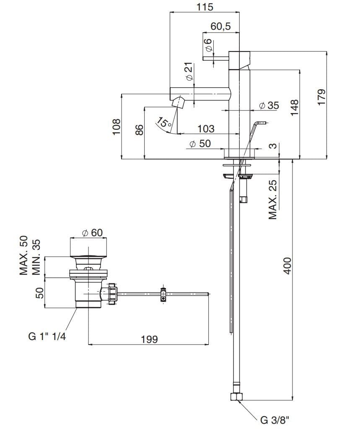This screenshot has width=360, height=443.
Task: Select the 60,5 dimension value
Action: tap(220, 26)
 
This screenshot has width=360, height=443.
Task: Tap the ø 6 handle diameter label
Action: tap(208, 45)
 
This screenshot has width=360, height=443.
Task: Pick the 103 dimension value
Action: tap(205, 129)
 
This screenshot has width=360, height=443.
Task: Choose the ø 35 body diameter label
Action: tap(269, 105)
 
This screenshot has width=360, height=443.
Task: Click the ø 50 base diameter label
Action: tap(200, 143)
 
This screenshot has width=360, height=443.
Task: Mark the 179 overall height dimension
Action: tap(321, 97)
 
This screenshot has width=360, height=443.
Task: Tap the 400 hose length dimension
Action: tap(287, 265)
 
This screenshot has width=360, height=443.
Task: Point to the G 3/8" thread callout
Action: tap(275, 421)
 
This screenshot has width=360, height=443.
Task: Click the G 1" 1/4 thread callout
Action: tap(47, 336)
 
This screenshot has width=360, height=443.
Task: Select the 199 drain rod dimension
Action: tap(149, 339)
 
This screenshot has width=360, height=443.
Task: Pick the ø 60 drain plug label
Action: tap(92, 232)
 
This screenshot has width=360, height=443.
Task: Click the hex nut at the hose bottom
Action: tap(236, 396)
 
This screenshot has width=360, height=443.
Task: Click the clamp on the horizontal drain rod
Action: tap(163, 294)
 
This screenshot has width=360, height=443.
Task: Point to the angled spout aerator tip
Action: tap(179, 101)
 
